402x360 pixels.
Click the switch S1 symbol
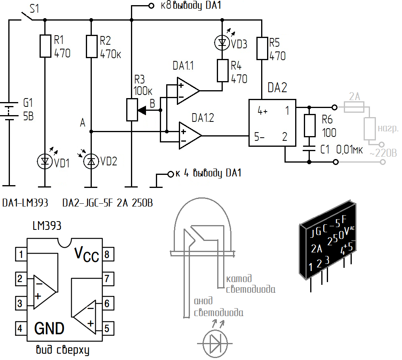point(27,16)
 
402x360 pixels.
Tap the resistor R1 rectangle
point(46,46)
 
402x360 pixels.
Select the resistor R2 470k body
point(91,46)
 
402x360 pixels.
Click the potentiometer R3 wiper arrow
point(142,110)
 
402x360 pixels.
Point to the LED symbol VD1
point(45,161)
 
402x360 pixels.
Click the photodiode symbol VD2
point(91,161)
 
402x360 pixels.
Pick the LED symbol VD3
point(222,43)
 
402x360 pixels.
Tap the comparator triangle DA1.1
point(188,91)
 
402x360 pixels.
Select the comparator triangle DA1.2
point(190,135)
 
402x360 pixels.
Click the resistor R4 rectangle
point(222,71)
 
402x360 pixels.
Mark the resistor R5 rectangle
point(262,48)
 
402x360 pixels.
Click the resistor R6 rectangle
point(309,126)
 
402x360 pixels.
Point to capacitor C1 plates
point(309,149)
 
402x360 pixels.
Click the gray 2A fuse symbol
point(354,107)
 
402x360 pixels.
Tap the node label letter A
point(82,123)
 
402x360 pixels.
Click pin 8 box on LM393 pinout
point(108,254)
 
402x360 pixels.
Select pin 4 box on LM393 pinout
point(21,328)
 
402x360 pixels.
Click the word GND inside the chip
point(49,328)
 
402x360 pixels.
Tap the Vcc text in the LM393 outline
point(86,254)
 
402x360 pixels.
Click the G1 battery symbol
point(9,111)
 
